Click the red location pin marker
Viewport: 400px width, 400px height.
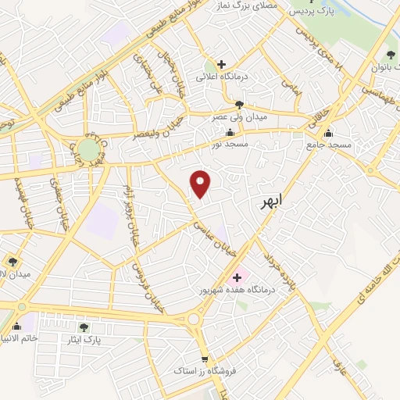pyautogui.click(x=201, y=183)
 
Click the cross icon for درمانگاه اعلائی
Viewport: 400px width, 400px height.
pyautogui.click(x=221, y=64)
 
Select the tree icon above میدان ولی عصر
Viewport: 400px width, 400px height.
pyautogui.click(x=240, y=104)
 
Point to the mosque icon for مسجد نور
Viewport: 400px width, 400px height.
pyautogui.click(x=229, y=133)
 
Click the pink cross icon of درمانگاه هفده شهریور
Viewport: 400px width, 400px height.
pyautogui.click(x=237, y=277)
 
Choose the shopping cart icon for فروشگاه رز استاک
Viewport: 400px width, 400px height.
pyautogui.click(x=205, y=360)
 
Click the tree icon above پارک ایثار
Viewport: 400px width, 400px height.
pyautogui.click(x=84, y=327)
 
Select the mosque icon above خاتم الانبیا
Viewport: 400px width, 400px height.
pyautogui.click(x=16, y=326)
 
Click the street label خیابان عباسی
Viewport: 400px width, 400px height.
pyautogui.click(x=215, y=238)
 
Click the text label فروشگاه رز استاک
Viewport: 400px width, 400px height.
pyautogui.click(x=239, y=373)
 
